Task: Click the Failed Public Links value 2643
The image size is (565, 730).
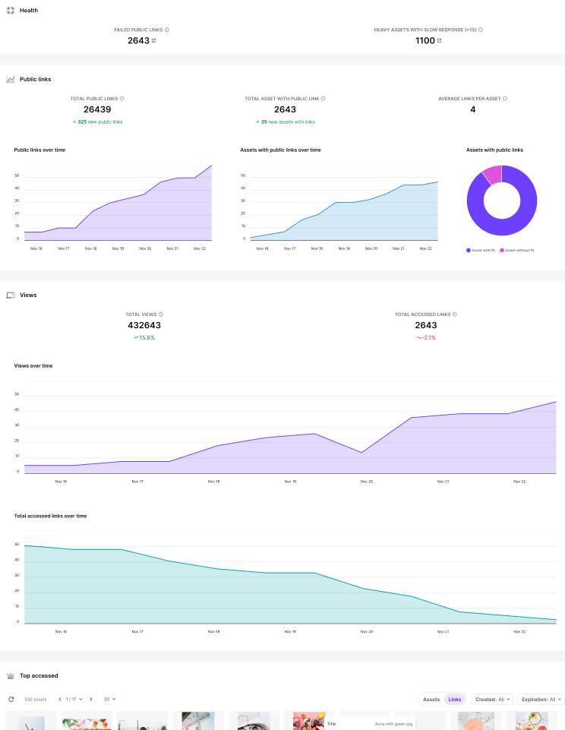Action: point(138,40)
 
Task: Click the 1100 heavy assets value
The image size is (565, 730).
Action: point(425,40)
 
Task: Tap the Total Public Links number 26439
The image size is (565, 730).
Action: point(97,109)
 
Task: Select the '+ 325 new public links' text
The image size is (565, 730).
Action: point(97,122)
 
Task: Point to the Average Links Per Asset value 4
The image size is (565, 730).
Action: point(472,109)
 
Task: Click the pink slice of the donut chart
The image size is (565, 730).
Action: point(491,174)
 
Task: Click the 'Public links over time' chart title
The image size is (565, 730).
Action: point(39,150)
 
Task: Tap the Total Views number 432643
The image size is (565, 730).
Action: point(144,325)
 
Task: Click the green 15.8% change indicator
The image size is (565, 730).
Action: point(144,337)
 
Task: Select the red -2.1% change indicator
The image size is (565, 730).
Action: point(426,337)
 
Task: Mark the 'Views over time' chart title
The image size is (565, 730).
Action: point(33,365)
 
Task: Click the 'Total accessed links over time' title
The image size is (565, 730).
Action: point(50,516)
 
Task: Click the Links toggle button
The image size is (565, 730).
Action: point(455,699)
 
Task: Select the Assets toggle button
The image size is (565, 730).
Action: point(431,699)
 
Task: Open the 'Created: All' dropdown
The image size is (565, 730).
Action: point(492,699)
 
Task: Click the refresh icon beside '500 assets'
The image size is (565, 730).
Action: point(11,699)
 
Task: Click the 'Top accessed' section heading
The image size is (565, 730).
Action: point(38,675)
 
